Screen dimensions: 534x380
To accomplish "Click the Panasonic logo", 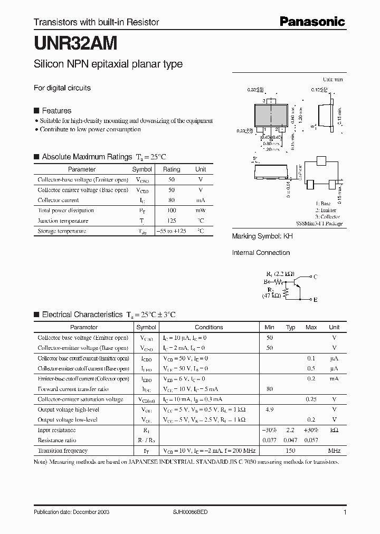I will [x=312, y=22].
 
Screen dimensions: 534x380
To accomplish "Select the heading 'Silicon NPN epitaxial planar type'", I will [x=108, y=64].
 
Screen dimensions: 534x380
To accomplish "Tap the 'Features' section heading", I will [x=56, y=111].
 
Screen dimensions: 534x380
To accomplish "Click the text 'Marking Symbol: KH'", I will [x=262, y=237].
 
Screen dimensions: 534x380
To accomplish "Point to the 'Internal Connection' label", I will [x=261, y=253].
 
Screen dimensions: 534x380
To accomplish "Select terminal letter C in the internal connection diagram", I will [x=315, y=276].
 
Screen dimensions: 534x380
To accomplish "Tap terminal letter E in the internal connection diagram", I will [x=315, y=300].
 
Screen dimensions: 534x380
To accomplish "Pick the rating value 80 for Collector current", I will [x=172, y=201].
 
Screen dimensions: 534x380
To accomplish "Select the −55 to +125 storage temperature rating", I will [x=172, y=231].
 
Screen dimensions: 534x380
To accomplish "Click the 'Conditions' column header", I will [x=208, y=327].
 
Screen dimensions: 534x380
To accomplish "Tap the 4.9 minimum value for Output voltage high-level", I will [x=270, y=409].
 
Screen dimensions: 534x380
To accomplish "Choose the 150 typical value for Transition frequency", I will [x=290, y=451].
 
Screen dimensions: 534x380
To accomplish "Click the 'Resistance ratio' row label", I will [x=57, y=440].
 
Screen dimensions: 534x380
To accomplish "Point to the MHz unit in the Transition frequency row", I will [x=334, y=451].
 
